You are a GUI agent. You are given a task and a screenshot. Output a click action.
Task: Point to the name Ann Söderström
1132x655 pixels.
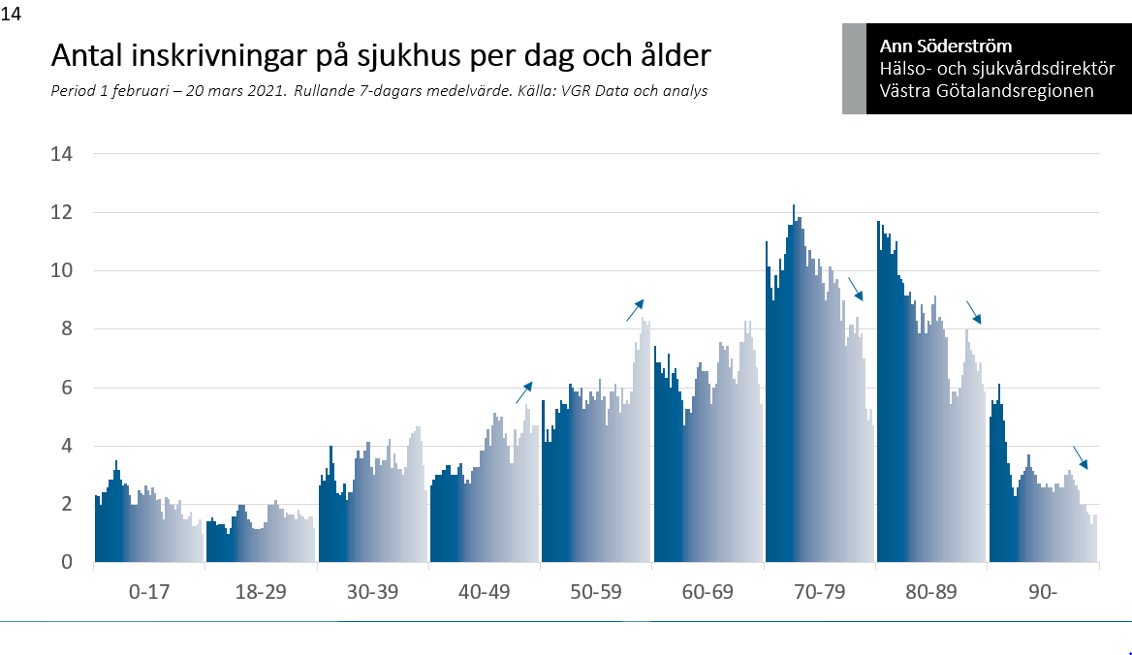(x=945, y=46)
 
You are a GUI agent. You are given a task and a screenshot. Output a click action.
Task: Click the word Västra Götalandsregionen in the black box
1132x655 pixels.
(x=987, y=91)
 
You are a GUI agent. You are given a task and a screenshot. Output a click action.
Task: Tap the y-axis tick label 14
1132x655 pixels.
(x=63, y=154)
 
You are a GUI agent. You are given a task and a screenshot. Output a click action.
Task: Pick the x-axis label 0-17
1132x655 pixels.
(x=149, y=592)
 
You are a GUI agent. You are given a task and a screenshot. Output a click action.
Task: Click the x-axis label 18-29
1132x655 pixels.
(x=261, y=592)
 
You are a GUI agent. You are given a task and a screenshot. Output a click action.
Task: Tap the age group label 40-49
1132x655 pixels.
(x=484, y=592)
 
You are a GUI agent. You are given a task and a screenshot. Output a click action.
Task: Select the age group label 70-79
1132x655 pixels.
(x=819, y=592)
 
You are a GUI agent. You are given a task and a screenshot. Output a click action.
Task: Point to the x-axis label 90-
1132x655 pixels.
(x=1043, y=592)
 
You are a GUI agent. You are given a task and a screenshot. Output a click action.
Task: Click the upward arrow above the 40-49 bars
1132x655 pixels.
(x=523, y=391)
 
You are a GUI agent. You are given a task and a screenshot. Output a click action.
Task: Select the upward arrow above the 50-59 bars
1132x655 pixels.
(x=635, y=310)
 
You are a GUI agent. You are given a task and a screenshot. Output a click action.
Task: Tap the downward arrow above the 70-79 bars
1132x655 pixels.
(x=855, y=289)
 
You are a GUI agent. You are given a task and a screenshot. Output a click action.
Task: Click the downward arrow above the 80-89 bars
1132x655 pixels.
(x=973, y=312)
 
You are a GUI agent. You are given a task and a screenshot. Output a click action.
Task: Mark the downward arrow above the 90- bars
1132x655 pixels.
(x=1080, y=457)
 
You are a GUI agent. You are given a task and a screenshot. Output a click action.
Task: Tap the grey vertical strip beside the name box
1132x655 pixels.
(x=854, y=69)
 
